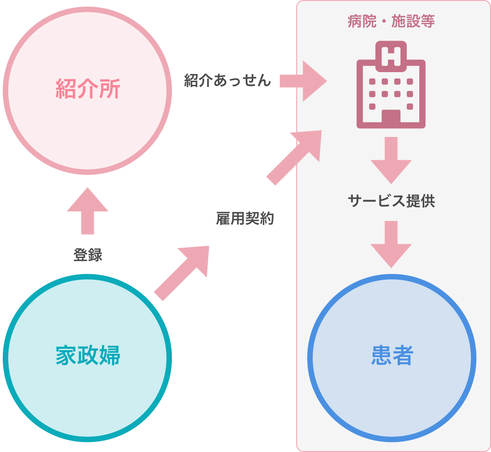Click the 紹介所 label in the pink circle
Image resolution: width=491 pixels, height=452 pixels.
pyautogui.click(x=88, y=89)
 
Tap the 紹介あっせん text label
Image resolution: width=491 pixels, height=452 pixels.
pyautogui.click(x=227, y=81)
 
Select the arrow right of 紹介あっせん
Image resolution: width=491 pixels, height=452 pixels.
pyautogui.click(x=303, y=81)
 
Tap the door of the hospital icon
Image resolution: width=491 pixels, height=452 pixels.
pyautogui.click(x=391, y=118)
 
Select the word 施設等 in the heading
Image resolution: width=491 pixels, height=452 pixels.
pyautogui.click(x=413, y=22)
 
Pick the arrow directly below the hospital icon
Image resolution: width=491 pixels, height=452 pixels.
pyautogui.click(x=391, y=160)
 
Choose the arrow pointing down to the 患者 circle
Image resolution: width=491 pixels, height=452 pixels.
pyautogui.click(x=391, y=244)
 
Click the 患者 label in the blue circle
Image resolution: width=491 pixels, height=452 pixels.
pyautogui.click(x=392, y=356)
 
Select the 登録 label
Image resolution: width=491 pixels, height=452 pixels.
pyautogui.click(x=88, y=255)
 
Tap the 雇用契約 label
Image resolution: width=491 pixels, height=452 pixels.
pyautogui.click(x=245, y=219)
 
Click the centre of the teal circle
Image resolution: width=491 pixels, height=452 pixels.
pyautogui.click(x=87, y=358)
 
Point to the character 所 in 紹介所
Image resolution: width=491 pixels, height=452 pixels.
pyautogui.click(x=110, y=89)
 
